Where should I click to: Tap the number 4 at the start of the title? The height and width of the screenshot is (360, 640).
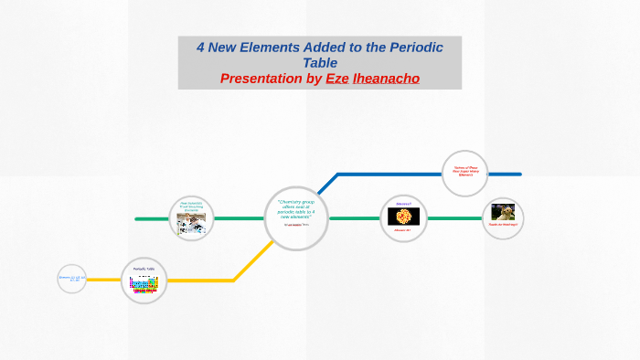202,48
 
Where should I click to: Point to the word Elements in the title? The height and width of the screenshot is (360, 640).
285,48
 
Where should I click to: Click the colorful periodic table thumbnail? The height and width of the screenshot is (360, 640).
144,284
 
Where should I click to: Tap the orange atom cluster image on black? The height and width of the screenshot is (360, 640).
403,217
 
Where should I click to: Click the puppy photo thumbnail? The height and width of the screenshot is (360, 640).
502,212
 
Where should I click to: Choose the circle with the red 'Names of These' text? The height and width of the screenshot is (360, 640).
464,172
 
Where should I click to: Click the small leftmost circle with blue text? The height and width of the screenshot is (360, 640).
71,278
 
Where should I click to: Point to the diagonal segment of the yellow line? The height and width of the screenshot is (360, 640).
250,261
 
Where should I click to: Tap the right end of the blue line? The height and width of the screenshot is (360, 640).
519,173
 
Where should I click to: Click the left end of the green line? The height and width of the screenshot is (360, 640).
137,218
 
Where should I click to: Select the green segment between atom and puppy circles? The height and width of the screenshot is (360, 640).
453,218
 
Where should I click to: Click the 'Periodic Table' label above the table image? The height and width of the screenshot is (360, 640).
144,269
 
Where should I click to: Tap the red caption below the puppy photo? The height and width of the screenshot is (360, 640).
502,226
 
